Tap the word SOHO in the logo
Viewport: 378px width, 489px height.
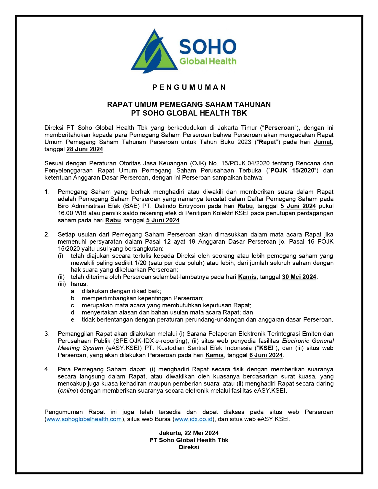208,47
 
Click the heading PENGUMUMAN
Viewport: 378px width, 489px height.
189,87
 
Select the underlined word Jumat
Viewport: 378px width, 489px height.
323,142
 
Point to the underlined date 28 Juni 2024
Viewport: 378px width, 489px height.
85,149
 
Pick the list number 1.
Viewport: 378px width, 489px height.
47,192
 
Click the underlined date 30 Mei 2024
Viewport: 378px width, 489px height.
299,277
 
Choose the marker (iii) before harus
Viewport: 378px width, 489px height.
62,284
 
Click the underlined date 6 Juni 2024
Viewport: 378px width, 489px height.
266,355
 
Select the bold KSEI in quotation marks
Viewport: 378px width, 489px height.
266,348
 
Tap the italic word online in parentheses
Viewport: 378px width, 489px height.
68,391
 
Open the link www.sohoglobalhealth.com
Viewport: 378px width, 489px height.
84,419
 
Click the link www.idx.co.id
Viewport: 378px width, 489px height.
194,419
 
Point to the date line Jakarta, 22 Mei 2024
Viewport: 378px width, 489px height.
189,433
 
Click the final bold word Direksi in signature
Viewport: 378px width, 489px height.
189,447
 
